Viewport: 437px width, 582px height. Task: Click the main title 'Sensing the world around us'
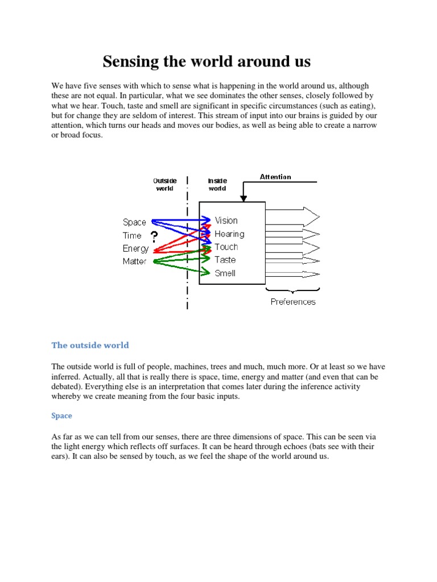tap(207, 61)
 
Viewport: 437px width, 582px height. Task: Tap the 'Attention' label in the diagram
tap(275, 177)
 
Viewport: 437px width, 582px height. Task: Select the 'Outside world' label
tap(165, 185)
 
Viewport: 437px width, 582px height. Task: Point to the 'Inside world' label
tap(217, 185)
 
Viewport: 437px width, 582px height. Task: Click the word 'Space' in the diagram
tap(134, 222)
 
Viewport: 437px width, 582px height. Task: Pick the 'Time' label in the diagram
tap(132, 235)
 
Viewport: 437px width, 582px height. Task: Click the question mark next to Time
tap(154, 237)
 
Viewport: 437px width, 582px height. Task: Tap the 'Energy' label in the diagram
tap(135, 248)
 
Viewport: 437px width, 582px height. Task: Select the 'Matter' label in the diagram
tap(134, 261)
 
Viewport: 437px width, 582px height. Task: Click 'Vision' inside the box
tap(226, 221)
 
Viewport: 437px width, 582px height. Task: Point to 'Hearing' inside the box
tap(229, 234)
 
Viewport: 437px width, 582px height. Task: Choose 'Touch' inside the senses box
tap(226, 247)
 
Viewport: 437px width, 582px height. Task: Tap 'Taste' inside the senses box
tap(225, 260)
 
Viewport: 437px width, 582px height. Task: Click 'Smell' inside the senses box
tap(225, 273)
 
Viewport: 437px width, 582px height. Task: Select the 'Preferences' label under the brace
tap(293, 302)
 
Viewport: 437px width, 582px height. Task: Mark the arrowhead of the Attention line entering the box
tap(244, 198)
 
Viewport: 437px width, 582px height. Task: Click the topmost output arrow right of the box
tap(292, 217)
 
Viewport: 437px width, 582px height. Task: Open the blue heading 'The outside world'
tap(90, 345)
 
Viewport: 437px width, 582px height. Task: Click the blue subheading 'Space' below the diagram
tap(61, 415)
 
